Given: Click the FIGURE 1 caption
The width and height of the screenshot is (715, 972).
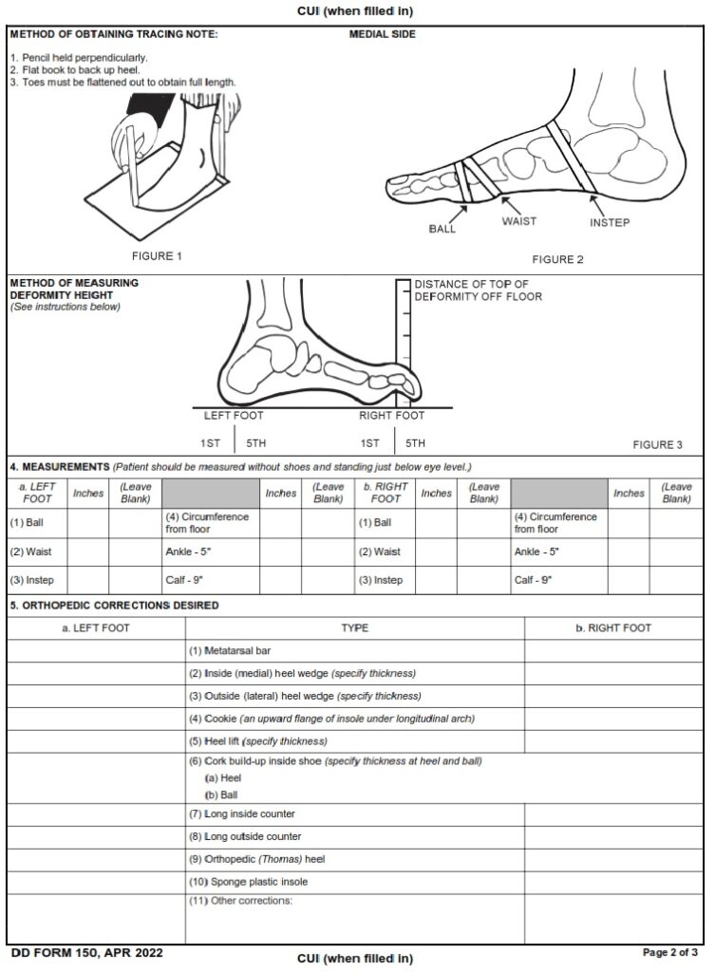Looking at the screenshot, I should [x=157, y=256].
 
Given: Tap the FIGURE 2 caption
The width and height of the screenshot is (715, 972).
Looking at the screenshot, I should [x=557, y=260].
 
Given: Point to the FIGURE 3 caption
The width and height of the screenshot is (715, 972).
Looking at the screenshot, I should [x=657, y=444].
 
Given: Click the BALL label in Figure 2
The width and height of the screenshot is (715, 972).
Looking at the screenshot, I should [x=442, y=229].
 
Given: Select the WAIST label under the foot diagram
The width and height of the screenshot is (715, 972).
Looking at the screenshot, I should [x=518, y=221].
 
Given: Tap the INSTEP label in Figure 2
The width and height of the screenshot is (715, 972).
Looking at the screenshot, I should [x=610, y=223].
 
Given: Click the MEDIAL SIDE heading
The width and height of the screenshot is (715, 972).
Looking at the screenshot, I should [x=383, y=35].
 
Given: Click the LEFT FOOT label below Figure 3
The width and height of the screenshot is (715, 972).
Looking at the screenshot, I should [x=234, y=416].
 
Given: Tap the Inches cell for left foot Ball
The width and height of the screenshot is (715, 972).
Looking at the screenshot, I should [x=88, y=522].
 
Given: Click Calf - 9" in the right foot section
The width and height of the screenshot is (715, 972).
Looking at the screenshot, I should [x=532, y=580].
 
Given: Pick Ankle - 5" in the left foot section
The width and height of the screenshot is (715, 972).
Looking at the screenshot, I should [x=184, y=551].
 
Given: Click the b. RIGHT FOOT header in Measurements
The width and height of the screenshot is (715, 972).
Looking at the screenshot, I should [x=386, y=493].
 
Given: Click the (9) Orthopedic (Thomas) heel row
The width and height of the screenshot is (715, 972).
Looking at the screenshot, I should [x=256, y=859].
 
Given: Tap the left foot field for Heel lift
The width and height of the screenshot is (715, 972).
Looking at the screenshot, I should [x=96, y=741].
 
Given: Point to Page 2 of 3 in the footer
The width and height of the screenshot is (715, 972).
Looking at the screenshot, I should [x=670, y=952].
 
